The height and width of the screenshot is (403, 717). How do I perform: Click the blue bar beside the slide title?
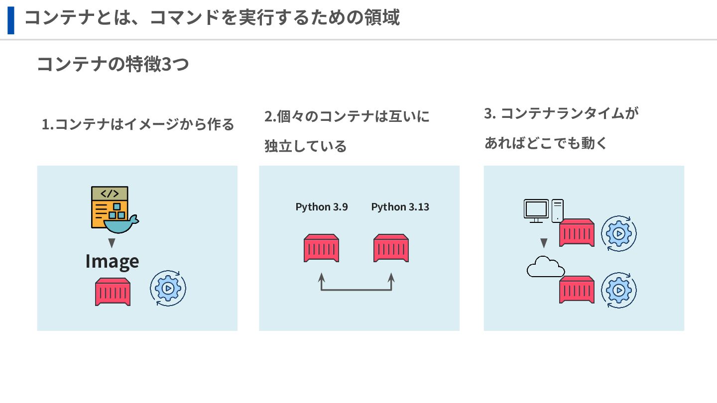(10, 20)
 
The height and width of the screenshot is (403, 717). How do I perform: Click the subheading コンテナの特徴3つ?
(113, 64)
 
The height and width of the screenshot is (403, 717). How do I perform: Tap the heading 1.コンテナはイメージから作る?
(138, 124)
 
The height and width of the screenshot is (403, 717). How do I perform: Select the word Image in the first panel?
(112, 261)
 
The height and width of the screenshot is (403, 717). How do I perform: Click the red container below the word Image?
(113, 292)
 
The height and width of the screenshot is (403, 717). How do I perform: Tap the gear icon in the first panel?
(168, 288)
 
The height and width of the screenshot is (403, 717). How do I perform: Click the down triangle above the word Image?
(112, 243)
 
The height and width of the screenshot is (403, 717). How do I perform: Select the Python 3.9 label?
(322, 206)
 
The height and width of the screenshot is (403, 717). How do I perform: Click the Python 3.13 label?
(400, 206)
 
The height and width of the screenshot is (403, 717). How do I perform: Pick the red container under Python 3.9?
(322, 248)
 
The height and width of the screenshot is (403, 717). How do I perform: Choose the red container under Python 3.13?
(391, 248)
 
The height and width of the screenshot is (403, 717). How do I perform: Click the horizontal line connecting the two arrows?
(356, 289)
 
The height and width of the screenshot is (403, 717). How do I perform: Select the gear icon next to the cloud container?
(619, 290)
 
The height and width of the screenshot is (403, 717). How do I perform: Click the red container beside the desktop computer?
(577, 233)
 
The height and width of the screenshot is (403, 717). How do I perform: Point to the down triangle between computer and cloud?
(544, 243)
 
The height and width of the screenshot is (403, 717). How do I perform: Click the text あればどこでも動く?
(546, 143)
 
